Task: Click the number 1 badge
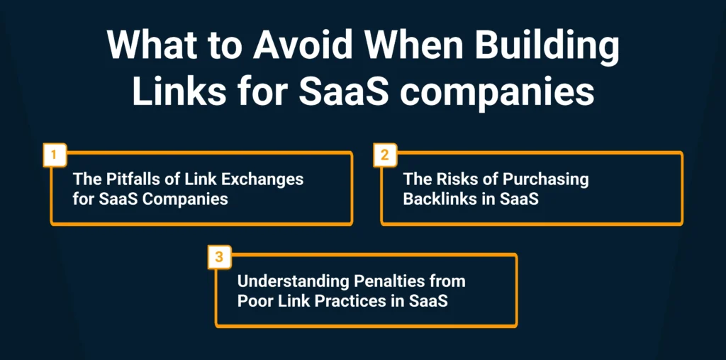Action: pyautogui.click(x=55, y=154)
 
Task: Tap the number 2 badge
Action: pyautogui.click(x=385, y=154)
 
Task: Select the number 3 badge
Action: pyautogui.click(x=220, y=257)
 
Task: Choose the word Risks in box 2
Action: pyautogui.click(x=452, y=179)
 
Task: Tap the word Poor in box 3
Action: pyautogui.click(x=254, y=302)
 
